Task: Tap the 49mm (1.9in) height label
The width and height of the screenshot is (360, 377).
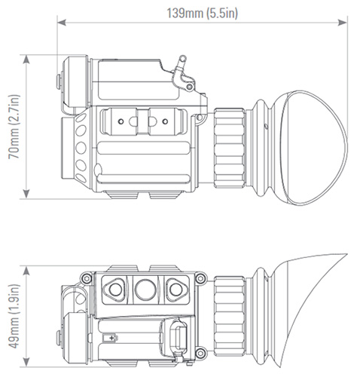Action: (12, 313)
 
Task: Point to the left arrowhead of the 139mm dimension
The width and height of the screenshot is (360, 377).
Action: (60, 23)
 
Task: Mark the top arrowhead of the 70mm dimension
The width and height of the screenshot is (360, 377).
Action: (27, 57)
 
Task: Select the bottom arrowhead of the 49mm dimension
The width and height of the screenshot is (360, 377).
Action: (27, 360)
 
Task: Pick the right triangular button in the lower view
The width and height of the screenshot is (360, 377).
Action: (174, 287)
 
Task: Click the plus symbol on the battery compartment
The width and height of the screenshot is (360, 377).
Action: (113, 338)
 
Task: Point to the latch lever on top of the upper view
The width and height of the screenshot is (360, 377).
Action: (180, 68)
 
